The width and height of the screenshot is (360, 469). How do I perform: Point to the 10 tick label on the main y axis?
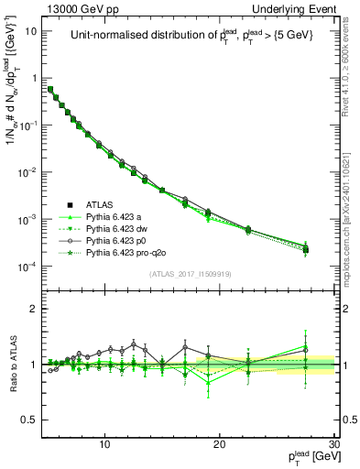[30, 31]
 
